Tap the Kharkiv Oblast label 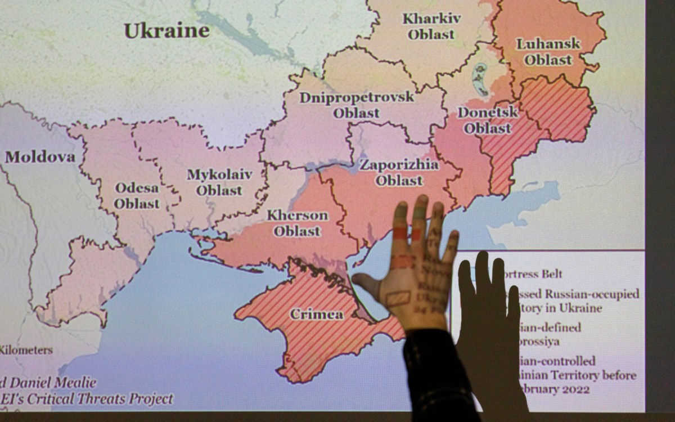coord(431,26)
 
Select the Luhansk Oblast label coord(544,51)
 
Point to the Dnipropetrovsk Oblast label coord(357,104)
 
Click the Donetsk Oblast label coord(487,120)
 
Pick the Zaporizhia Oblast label coord(399,173)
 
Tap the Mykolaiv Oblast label coord(219,182)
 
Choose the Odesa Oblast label coord(137,195)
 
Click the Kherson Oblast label coord(297,223)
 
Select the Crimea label coord(317,314)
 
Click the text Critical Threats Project coord(110,399)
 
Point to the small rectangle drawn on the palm coord(398,298)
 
